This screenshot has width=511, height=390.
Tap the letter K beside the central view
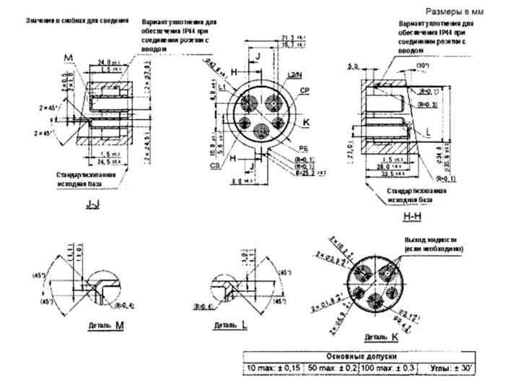306,123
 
